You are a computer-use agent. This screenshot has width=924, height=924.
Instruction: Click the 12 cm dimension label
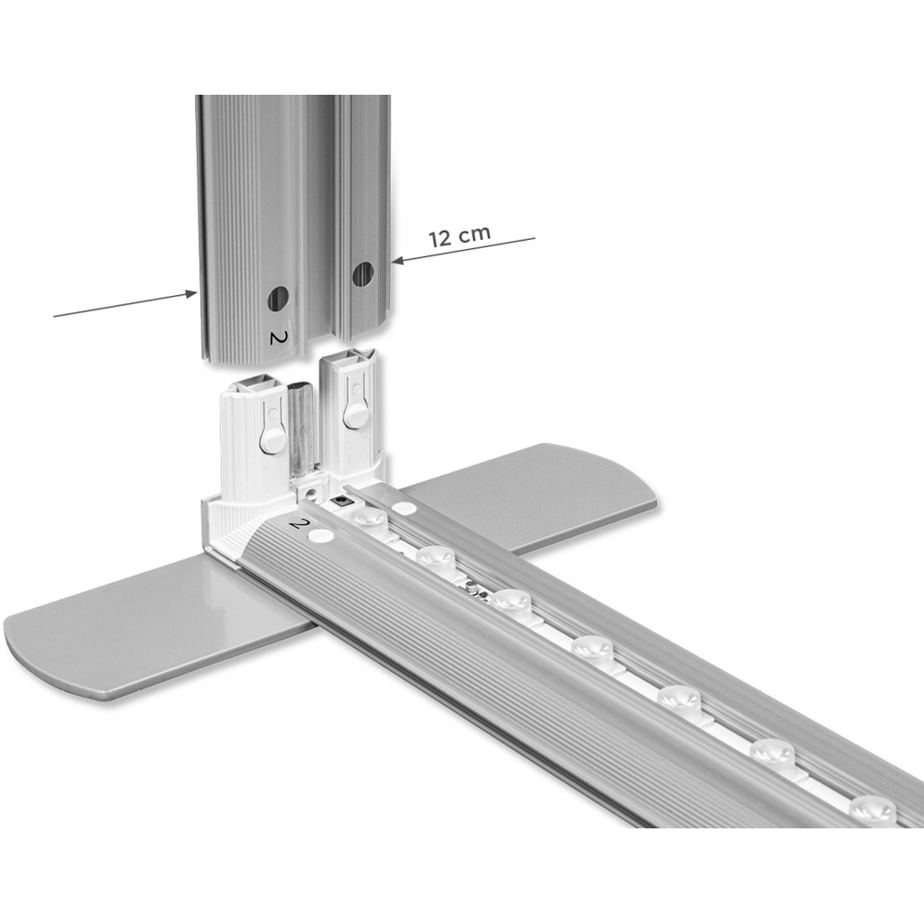[459, 236]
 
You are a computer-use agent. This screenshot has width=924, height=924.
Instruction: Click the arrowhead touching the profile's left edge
[190, 293]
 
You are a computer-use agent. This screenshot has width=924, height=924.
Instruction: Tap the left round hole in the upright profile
[278, 299]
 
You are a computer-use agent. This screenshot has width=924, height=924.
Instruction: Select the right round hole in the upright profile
[363, 274]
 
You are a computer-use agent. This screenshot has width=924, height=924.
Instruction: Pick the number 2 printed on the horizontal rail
[300, 522]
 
